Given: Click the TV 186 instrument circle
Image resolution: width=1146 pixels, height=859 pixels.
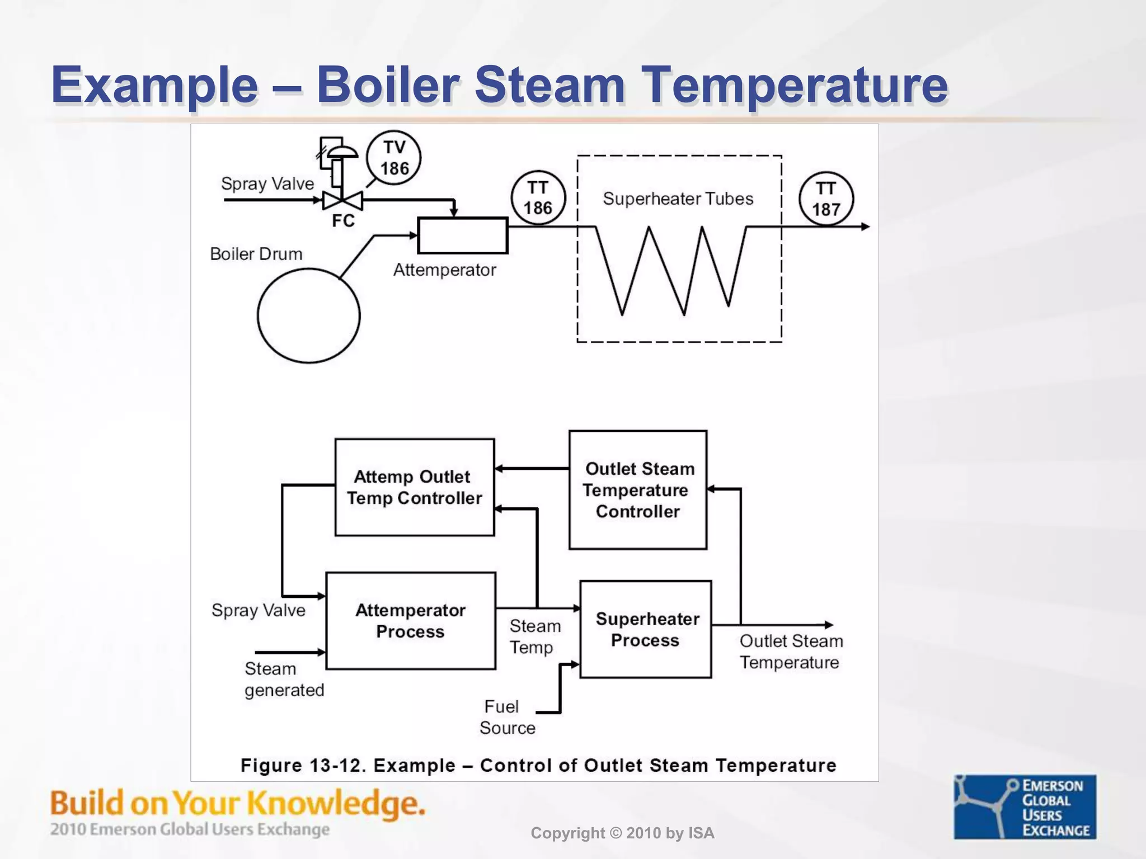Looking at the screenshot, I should click(393, 158).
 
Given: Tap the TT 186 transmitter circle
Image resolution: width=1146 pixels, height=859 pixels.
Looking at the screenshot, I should click(538, 198).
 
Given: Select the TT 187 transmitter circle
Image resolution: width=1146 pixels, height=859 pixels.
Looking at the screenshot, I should click(826, 199).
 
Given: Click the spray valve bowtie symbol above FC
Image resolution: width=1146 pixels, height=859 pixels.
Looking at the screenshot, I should click(342, 200).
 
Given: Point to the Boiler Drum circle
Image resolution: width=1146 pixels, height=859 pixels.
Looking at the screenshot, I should click(308, 316).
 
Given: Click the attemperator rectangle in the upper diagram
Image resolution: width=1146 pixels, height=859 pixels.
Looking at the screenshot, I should click(462, 235).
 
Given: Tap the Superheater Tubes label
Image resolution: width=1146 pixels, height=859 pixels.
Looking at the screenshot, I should click(678, 199).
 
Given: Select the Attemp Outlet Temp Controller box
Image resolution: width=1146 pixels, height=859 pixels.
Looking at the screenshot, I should click(414, 487).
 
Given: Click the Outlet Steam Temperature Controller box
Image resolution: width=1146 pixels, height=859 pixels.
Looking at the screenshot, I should click(637, 490).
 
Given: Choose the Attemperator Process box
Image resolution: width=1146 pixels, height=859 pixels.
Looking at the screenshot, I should click(410, 621).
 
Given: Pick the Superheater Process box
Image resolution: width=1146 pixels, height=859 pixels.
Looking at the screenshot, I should click(646, 629).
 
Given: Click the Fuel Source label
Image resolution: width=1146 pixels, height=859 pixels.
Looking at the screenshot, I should click(506, 717).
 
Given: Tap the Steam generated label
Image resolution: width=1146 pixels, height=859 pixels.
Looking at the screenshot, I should click(284, 679).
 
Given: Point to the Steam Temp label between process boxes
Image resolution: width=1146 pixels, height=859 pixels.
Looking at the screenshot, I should click(534, 636).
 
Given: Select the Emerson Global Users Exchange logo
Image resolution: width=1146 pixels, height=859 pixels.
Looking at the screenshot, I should click(1025, 806).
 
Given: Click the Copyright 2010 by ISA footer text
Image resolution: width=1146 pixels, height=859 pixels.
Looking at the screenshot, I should click(622, 833).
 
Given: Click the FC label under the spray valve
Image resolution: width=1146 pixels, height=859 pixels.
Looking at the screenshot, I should click(343, 221).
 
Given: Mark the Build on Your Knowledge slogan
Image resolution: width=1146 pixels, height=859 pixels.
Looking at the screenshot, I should click(238, 804).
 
